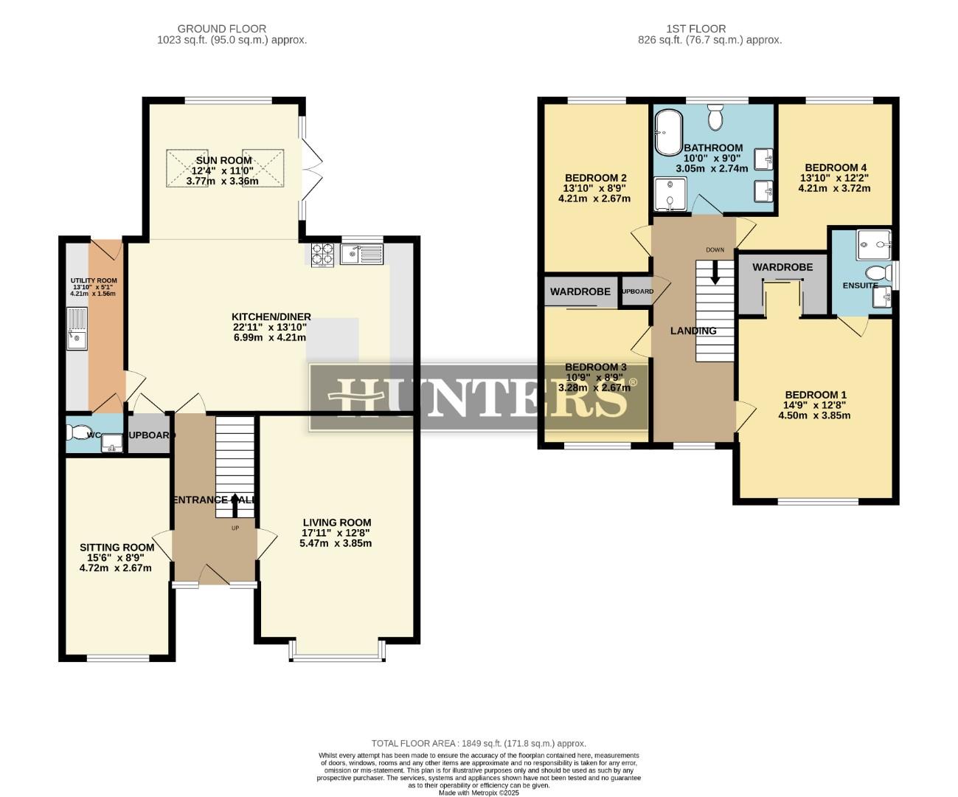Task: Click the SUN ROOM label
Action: (x=223, y=160)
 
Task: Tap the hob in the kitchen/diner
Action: (x=322, y=254)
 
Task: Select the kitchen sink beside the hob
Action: (x=361, y=254)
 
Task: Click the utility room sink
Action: (x=76, y=329)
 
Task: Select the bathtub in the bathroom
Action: (x=669, y=133)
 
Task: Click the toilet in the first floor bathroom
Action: (x=715, y=117)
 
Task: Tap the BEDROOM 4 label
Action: (x=835, y=168)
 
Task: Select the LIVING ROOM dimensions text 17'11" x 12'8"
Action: (x=336, y=533)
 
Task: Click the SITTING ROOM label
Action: (x=117, y=548)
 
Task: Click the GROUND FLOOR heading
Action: (x=232, y=29)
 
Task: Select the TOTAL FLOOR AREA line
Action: (x=479, y=744)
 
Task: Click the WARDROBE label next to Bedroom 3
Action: (x=580, y=292)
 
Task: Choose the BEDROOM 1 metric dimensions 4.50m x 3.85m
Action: (x=814, y=415)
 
